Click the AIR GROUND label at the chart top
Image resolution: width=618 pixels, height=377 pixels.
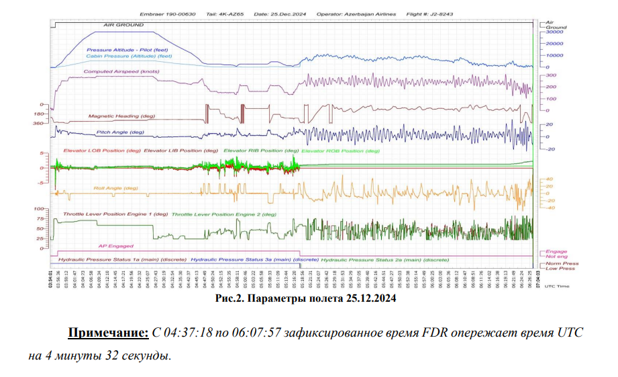124,25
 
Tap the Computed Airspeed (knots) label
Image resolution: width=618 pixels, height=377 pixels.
121,71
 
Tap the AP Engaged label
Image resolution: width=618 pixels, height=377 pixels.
115,246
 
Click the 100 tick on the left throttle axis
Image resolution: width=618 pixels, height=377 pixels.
40,210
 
